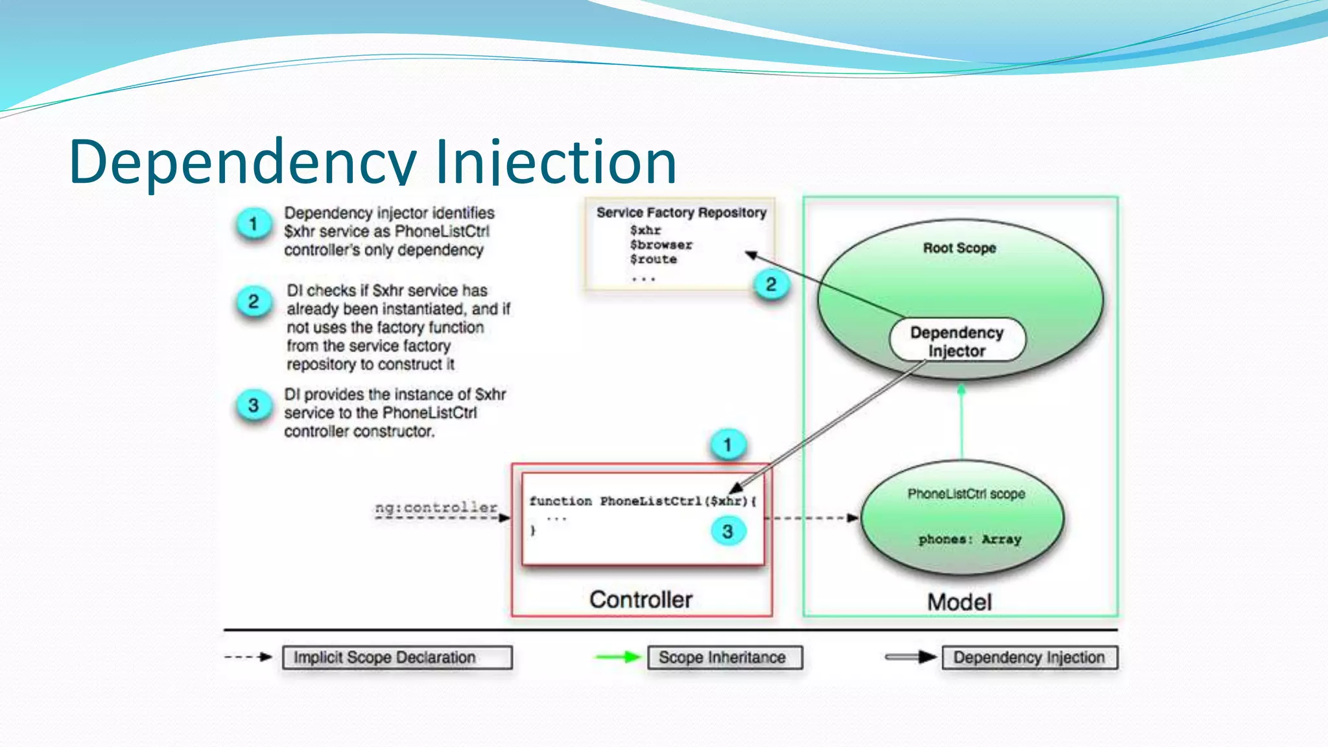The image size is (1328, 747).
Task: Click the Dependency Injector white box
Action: pos(957,341)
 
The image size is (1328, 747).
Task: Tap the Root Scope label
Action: pos(959,248)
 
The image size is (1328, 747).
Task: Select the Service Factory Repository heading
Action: pos(681,213)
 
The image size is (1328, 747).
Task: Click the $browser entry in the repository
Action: pos(661,245)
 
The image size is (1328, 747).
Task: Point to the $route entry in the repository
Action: pos(653,259)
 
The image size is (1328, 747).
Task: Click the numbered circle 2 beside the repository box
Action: pos(771,285)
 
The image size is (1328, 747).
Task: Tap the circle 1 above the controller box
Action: pos(728,445)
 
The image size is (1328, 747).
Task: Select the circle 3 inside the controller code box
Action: pos(728,532)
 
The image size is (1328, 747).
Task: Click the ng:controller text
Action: pos(436,508)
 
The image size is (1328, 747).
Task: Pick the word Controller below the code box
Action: pos(641,600)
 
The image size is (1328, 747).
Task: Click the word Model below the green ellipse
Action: pos(959,602)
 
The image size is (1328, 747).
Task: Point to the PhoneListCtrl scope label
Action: pos(966,494)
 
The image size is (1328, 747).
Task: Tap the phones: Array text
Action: pos(969,539)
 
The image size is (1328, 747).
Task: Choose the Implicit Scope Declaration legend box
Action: pos(397,658)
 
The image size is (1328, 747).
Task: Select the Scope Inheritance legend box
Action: pos(724,658)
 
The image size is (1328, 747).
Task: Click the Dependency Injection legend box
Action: pos(1029,658)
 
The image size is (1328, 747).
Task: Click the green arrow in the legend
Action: pos(617,658)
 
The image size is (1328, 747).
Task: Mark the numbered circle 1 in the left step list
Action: pos(254,224)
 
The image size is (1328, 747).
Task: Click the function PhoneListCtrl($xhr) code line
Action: pos(642,501)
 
